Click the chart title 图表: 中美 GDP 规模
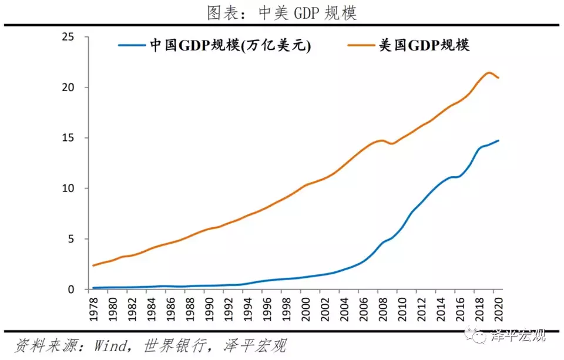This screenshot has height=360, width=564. pos(281,12)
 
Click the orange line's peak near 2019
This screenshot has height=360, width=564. pos(489,73)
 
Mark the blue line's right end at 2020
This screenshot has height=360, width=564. pos(499,140)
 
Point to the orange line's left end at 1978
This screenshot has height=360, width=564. pos(93,265)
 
